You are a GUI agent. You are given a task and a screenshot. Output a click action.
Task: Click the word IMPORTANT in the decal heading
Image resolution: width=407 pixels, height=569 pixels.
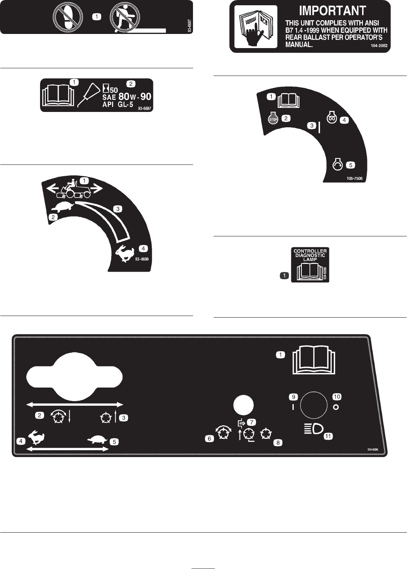(x=332, y=11)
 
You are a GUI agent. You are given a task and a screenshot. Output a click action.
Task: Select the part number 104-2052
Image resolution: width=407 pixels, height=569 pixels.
(x=379, y=46)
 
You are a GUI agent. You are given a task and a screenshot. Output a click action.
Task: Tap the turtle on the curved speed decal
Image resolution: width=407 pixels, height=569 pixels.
(x=65, y=207)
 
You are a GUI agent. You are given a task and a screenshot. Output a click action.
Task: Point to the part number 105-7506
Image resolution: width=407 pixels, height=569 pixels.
(x=354, y=178)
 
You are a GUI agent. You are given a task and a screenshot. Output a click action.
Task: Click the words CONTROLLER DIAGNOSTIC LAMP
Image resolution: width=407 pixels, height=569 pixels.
(x=310, y=255)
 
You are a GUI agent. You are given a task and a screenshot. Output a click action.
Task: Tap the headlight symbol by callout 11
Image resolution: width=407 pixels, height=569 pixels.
(x=314, y=428)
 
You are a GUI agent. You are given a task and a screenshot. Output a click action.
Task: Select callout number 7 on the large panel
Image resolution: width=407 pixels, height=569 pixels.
(x=252, y=422)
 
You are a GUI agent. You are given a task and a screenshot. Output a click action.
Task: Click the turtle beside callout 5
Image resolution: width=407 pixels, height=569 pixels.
(x=98, y=440)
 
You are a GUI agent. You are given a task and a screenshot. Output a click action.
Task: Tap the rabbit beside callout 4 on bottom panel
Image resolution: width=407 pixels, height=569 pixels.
(x=37, y=438)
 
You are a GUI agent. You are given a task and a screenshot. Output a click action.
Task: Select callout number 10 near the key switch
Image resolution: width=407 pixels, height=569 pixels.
(x=337, y=397)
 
